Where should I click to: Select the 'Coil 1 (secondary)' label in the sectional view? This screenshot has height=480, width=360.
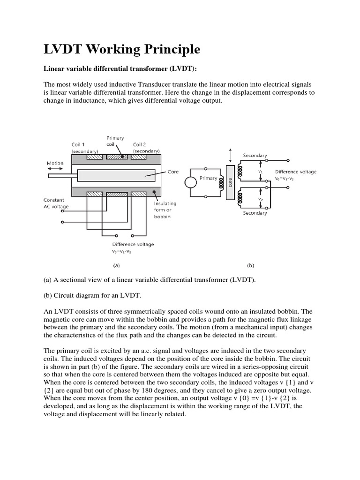click(x=84, y=148)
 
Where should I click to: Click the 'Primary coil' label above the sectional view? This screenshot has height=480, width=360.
click(x=115, y=141)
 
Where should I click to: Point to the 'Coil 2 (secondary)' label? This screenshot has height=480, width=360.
click(x=146, y=148)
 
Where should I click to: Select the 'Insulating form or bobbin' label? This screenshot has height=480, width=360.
click(x=165, y=210)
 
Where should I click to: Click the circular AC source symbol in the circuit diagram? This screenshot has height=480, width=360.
click(x=191, y=182)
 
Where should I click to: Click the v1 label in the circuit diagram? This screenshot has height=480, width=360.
click(x=261, y=172)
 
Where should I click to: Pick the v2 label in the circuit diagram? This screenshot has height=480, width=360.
click(x=261, y=199)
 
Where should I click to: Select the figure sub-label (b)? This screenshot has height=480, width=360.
click(x=250, y=265)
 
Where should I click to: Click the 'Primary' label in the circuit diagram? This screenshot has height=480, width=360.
click(x=208, y=178)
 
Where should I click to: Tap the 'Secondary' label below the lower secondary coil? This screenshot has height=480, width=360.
click(x=255, y=213)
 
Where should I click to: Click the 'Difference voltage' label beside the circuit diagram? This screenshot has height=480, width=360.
click(x=295, y=172)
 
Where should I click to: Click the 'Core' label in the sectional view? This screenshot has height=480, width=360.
click(x=173, y=172)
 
